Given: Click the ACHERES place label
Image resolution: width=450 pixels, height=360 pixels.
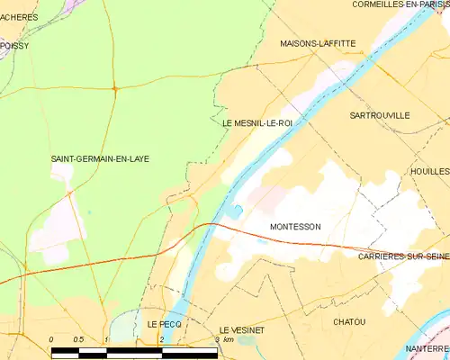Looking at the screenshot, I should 18,15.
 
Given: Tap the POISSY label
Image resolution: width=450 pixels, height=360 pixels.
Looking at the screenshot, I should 15,44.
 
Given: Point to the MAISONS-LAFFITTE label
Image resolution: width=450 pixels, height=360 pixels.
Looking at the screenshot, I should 318,43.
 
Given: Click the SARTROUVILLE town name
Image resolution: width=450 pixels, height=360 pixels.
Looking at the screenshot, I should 379,116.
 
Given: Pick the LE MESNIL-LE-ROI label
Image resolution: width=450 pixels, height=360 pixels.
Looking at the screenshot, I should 256,123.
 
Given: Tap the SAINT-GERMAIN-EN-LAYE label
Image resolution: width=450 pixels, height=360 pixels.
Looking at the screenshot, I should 100,159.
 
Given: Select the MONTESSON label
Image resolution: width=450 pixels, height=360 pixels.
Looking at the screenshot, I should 294,227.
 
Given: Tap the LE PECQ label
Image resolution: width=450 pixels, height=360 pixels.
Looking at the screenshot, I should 164,322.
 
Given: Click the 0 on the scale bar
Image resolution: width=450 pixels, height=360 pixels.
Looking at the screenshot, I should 52,339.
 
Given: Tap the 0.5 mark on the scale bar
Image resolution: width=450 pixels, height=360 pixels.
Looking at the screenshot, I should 78,339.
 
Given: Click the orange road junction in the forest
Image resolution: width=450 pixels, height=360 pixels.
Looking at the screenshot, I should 114,87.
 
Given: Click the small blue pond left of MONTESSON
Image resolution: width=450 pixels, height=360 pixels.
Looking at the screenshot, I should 236,211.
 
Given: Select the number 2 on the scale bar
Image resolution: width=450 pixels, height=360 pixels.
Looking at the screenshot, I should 161,339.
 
